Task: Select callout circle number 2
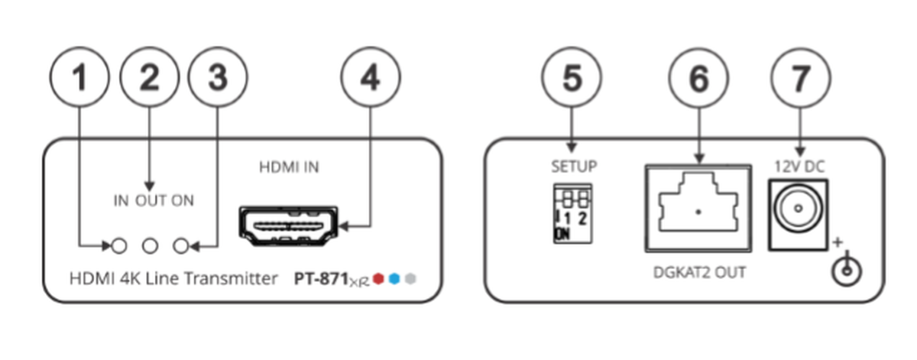click(149, 77)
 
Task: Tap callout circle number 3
click(218, 77)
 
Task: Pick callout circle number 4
click(371, 77)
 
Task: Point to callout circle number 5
click(572, 77)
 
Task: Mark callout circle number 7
click(800, 77)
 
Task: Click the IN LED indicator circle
click(119, 246)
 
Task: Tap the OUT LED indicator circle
click(151, 246)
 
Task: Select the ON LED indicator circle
click(182, 246)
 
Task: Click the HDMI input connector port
click(289, 226)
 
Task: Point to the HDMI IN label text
click(290, 167)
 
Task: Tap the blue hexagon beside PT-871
click(394, 280)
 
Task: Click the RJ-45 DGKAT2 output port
click(698, 207)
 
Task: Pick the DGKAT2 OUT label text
click(699, 271)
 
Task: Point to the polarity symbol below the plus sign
click(844, 272)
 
